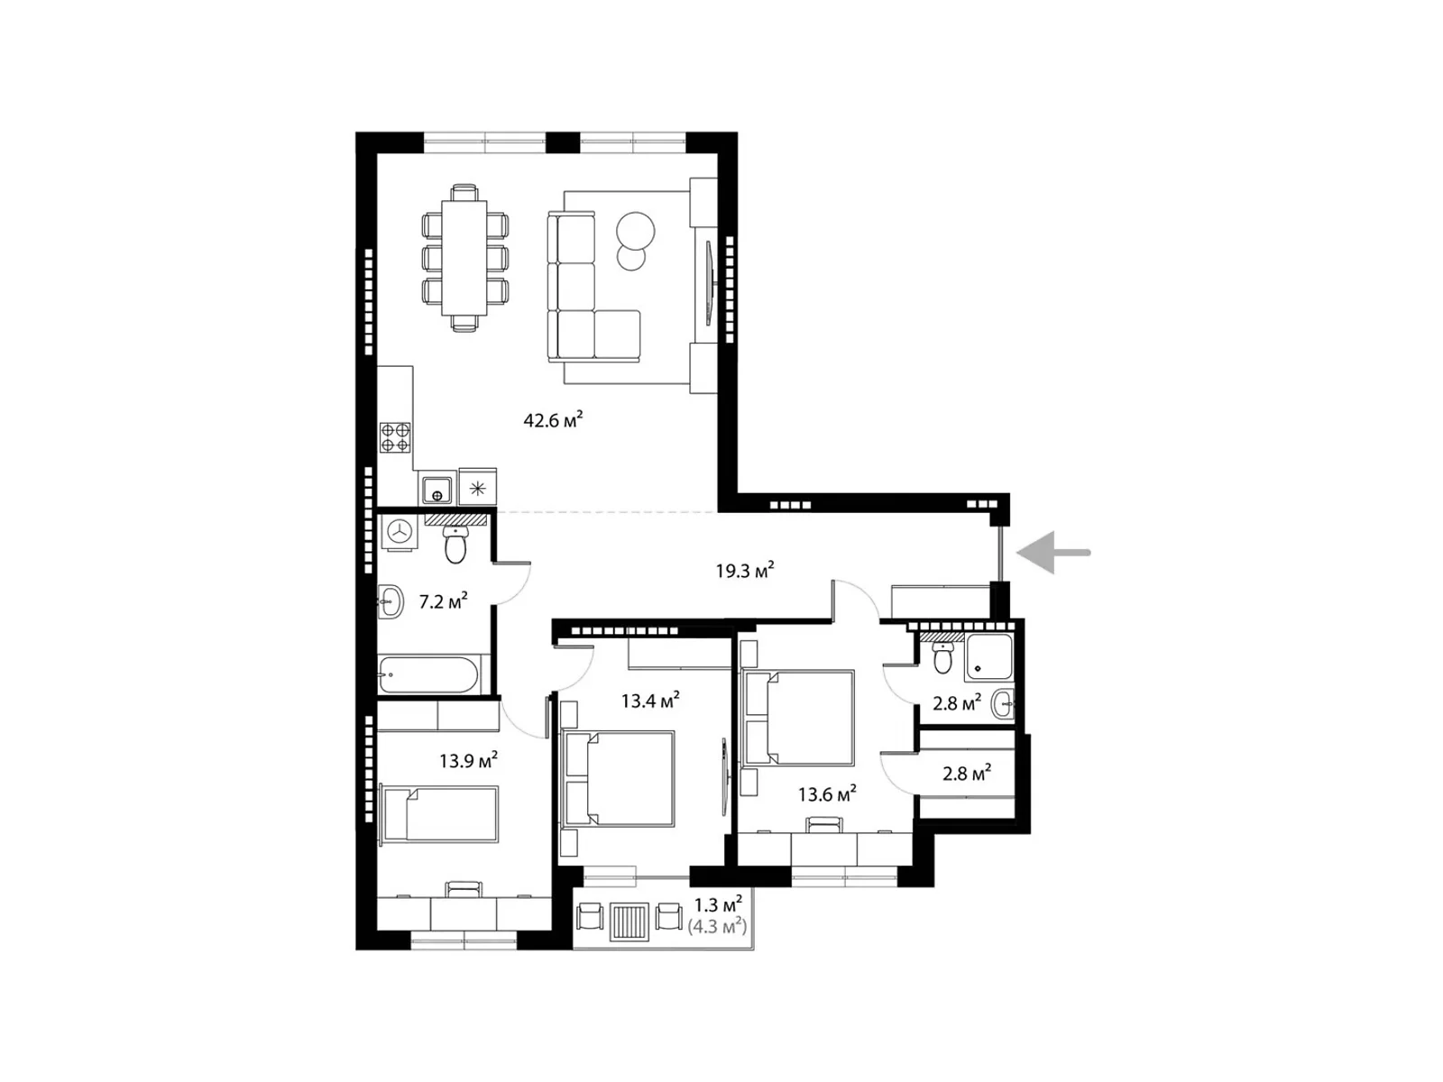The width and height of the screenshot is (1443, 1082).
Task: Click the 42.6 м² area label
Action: pos(552,419)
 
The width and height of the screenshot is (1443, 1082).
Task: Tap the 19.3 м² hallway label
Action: pos(744,569)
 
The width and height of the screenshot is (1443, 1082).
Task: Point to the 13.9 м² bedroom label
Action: pos(468,760)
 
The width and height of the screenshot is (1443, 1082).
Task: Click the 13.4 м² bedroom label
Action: pos(649,700)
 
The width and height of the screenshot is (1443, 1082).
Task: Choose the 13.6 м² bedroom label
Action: pos(826,793)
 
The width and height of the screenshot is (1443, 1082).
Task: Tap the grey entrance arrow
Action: pos(1052,553)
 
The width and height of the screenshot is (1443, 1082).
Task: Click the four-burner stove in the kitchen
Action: pos(395,437)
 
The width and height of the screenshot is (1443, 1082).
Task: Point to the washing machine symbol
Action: pos(399,531)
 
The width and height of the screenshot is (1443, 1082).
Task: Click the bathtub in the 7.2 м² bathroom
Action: pos(428,674)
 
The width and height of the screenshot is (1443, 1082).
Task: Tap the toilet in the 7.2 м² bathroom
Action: pos(455,545)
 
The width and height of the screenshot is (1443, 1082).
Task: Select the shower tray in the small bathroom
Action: pos(988,656)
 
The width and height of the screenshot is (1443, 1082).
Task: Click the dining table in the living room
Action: pos(464,258)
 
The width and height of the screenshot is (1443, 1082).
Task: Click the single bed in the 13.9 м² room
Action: pos(439,814)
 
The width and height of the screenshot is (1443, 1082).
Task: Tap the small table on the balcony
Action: pos(630,922)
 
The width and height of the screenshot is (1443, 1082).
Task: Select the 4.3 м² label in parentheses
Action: pos(717,927)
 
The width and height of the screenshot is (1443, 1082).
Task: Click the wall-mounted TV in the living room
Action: pos(709,282)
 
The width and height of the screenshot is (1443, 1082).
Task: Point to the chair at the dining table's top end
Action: pos(464,192)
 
